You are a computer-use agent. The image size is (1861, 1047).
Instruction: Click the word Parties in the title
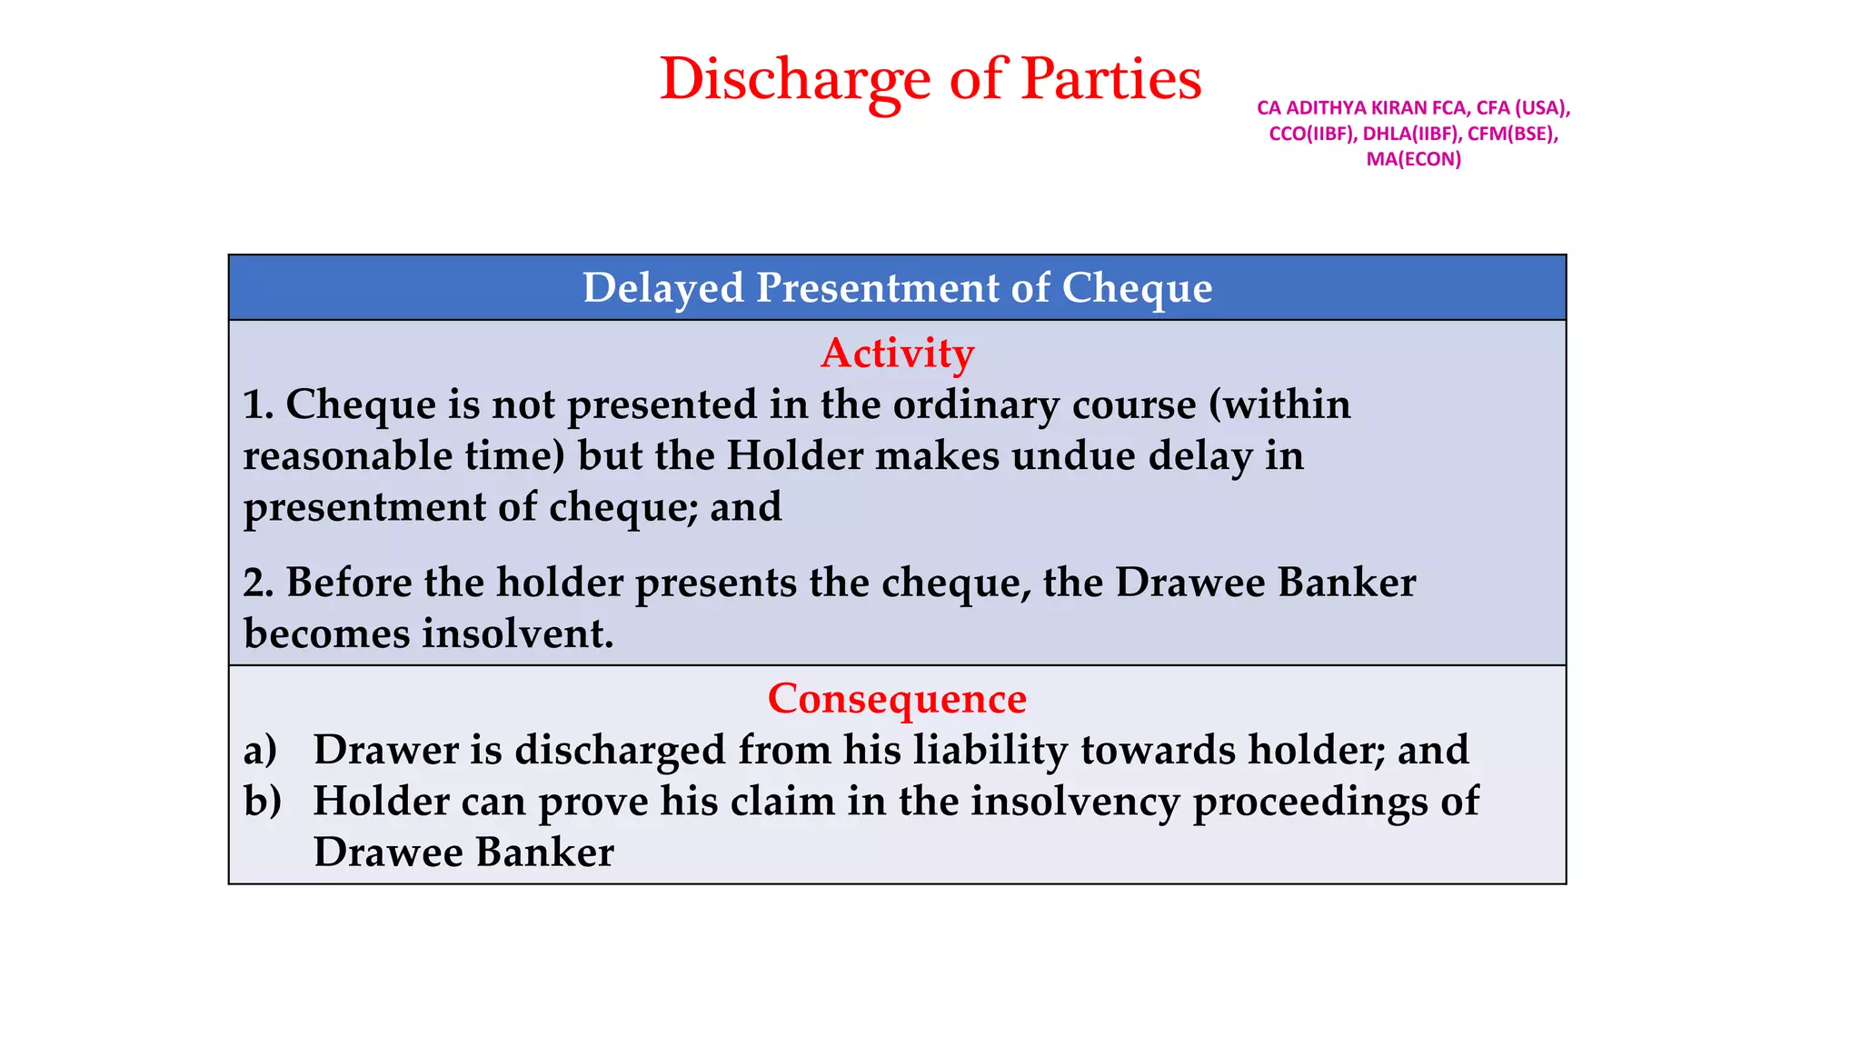pos(1110,80)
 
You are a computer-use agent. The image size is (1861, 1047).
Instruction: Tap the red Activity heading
pos(897,353)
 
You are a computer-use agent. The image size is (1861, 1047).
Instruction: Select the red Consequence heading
pos(897,698)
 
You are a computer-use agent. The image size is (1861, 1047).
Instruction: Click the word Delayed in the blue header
pos(663,288)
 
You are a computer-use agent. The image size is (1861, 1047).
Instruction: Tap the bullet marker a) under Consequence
pos(260,750)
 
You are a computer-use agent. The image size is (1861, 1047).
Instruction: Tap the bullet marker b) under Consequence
pos(262,801)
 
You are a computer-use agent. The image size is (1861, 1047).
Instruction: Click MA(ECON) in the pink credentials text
pos(1413,159)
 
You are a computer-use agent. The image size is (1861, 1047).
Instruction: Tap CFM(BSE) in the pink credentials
pos(1512,134)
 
